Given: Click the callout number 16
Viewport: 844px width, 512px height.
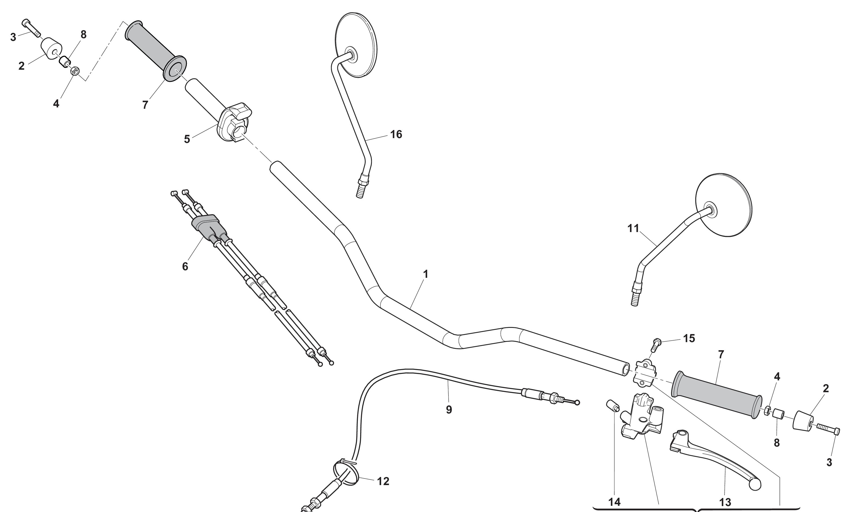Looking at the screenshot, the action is point(396,135).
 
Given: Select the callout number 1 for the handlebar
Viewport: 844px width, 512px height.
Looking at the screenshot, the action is point(426,274).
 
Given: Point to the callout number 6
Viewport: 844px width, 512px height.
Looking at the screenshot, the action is point(185,266).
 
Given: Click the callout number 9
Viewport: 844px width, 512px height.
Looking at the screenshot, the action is point(449,410).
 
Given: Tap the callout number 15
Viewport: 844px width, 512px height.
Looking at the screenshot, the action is point(689,338).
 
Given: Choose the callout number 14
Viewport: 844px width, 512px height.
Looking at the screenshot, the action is point(614,502).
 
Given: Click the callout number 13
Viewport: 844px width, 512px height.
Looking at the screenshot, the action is point(725,502).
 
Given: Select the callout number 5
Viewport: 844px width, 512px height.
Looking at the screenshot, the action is point(187,139).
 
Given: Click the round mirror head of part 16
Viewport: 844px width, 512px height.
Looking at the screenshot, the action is point(356,45).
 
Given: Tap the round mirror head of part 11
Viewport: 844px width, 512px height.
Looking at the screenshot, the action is point(723,205).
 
